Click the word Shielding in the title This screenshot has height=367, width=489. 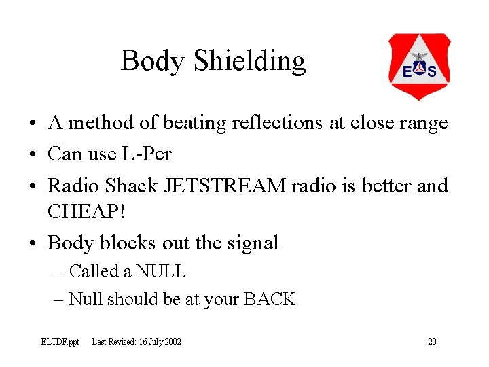tap(249, 62)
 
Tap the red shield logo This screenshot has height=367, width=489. tap(418, 67)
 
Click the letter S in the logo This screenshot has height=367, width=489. tap(431, 71)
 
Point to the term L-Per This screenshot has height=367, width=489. tap(147, 154)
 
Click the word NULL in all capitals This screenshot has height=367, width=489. tap(160, 272)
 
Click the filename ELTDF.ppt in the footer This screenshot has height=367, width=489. tap(60, 341)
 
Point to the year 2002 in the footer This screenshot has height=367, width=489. tap(173, 341)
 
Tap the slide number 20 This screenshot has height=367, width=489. tap(432, 341)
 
